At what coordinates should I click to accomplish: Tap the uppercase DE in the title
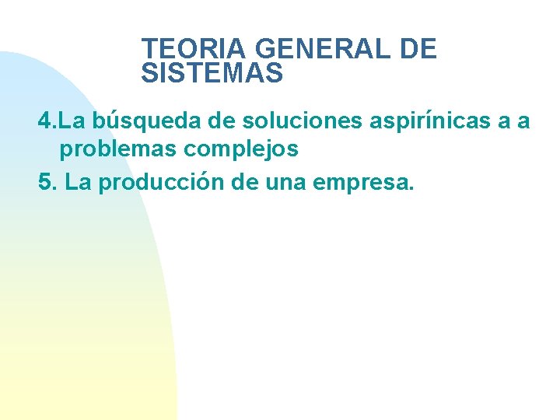(418, 50)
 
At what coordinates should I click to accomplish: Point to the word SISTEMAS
(212, 74)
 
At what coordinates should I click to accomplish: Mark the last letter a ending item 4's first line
(523, 122)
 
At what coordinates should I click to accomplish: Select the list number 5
(46, 183)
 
